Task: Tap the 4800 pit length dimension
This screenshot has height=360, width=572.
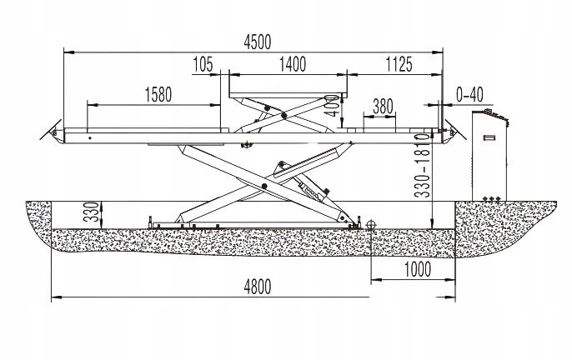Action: click(x=258, y=285)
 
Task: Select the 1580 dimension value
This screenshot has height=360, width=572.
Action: click(x=158, y=94)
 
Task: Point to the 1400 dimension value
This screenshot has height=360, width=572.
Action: click(x=292, y=63)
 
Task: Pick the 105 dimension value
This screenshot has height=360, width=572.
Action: click(x=203, y=63)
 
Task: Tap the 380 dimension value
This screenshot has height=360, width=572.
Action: click(x=383, y=106)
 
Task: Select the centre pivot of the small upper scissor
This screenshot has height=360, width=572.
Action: click(x=284, y=116)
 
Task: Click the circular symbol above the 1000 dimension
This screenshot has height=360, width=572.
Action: click(x=371, y=224)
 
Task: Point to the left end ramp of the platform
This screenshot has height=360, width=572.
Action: click(x=56, y=132)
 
